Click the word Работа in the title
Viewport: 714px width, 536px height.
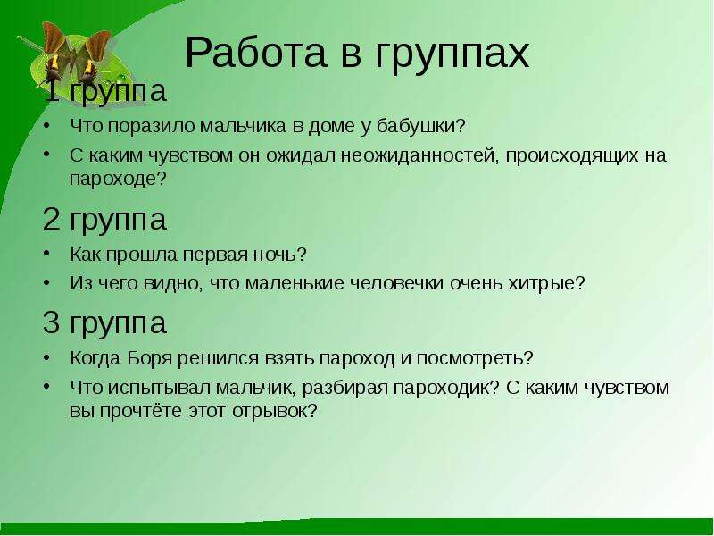(256, 53)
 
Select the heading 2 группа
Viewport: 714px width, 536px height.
(104, 221)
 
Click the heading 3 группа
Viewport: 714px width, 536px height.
(104, 324)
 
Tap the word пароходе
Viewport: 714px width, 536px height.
(119, 180)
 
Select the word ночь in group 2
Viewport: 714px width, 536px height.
(278, 255)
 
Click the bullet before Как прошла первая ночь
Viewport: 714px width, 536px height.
(47, 252)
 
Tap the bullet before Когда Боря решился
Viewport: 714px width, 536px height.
(47, 356)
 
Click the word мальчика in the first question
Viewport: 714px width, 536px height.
(245, 126)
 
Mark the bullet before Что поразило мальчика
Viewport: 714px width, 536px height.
(47, 123)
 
